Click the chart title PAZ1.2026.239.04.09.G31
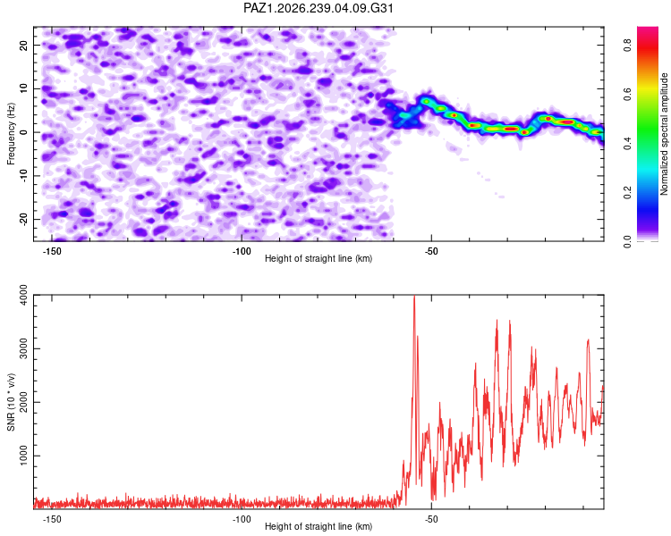(318, 8)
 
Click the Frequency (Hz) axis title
(11, 133)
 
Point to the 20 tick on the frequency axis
(23, 45)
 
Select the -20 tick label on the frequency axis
(23, 219)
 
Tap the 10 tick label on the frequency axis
(23, 88)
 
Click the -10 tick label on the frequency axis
(23, 176)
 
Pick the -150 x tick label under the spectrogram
(52, 251)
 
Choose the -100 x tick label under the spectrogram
(242, 251)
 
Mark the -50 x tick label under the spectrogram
(431, 251)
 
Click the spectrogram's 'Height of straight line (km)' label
(319, 258)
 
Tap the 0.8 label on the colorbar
(627, 45)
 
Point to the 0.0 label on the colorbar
(627, 241)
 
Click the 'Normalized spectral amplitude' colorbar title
(664, 134)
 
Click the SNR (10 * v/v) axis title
(11, 402)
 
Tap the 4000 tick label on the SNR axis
(23, 295)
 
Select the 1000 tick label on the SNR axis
(23, 456)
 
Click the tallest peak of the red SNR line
(414, 297)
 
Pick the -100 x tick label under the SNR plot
(242, 519)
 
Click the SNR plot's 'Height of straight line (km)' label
(319, 526)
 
